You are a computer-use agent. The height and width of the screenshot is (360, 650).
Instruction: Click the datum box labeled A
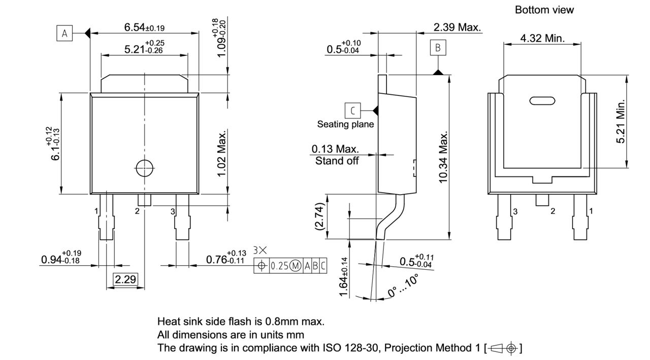tap(64, 33)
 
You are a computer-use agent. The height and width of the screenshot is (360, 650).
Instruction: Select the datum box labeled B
tap(438, 48)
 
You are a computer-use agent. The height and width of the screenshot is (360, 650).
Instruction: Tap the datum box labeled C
tap(352, 110)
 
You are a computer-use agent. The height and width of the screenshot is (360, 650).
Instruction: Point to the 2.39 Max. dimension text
tap(457, 27)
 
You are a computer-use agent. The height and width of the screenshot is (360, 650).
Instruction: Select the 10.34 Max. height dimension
tap(443, 157)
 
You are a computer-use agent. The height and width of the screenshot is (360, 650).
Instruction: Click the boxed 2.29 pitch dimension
tap(125, 279)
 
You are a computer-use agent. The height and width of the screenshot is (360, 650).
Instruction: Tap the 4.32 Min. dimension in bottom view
tap(542, 39)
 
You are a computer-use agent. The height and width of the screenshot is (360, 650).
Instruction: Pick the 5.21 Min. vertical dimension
tap(621, 122)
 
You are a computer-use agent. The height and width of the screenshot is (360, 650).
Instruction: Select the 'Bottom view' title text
tap(544, 10)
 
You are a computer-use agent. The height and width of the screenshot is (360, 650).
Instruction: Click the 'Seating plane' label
tap(345, 124)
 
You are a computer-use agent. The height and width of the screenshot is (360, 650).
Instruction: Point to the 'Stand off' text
tap(337, 161)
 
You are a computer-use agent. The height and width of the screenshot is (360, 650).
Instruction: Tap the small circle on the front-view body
tap(145, 167)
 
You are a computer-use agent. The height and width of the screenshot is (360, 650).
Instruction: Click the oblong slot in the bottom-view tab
tap(542, 100)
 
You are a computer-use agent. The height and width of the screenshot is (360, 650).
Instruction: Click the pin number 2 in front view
tap(137, 211)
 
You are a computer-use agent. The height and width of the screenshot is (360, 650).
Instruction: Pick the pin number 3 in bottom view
tap(514, 211)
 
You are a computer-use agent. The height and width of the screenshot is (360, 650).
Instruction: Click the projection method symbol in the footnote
tap(503, 348)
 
